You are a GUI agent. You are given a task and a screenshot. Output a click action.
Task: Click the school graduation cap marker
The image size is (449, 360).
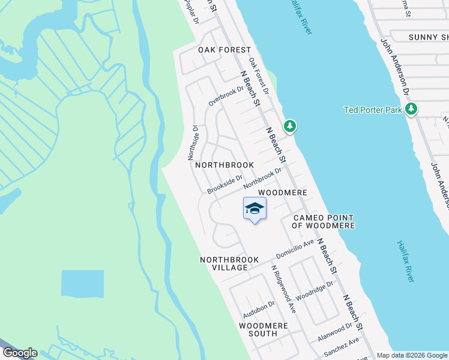[x=255, y=209]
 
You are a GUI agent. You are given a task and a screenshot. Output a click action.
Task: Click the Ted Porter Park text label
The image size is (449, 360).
[x=373, y=110]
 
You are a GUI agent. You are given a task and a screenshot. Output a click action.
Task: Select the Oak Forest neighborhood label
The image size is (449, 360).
[x=216, y=50]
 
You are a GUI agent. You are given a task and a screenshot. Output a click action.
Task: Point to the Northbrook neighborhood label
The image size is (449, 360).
[x=224, y=164]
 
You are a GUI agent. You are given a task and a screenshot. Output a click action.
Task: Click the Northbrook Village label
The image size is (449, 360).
[x=229, y=263]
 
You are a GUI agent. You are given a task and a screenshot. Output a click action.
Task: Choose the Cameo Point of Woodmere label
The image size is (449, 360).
[x=323, y=221]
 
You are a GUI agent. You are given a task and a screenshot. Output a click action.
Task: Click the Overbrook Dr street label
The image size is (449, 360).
[x=226, y=96]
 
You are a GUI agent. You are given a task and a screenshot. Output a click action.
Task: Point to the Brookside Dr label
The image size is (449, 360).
[x=225, y=185]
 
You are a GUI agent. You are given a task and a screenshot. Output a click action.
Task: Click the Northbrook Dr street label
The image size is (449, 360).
[x=262, y=178]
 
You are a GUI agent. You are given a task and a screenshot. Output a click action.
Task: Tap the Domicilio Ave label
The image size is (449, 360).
[x=295, y=247]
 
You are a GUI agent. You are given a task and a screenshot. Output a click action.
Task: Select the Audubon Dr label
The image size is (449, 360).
[x=259, y=309]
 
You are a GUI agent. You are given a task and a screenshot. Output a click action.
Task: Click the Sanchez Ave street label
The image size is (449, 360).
[x=342, y=345]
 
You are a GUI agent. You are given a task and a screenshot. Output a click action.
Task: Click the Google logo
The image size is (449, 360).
[x=19, y=353]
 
